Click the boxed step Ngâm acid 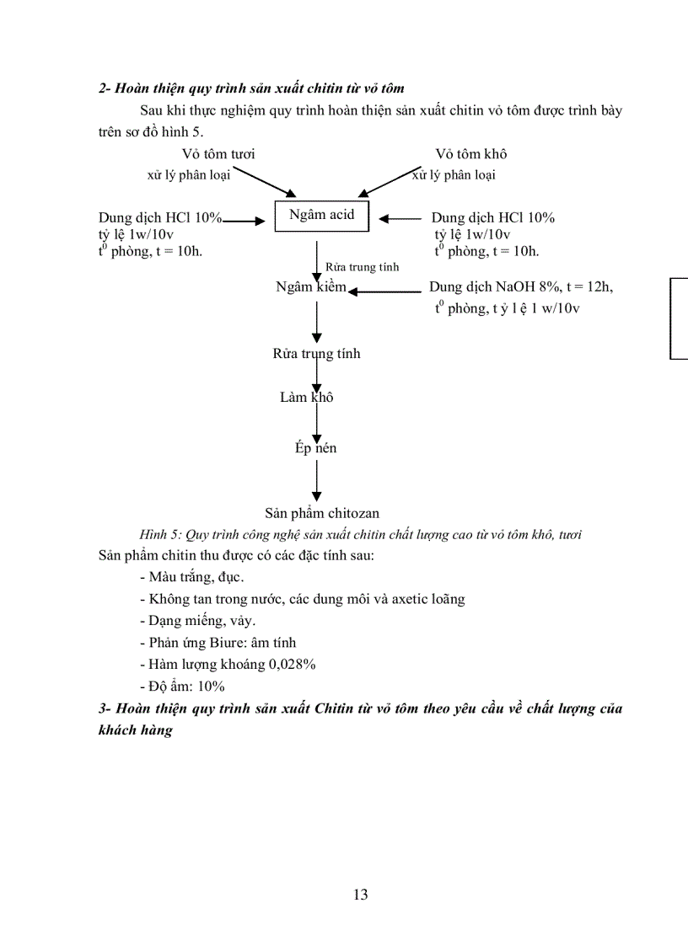tap(321, 215)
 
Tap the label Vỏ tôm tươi tap(218, 154)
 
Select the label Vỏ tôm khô tap(470, 154)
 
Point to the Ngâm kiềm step tap(310, 287)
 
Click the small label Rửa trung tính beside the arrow tap(362, 267)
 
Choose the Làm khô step tap(306, 397)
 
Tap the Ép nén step tap(315, 448)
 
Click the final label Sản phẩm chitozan tap(321, 513)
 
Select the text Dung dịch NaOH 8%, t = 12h tap(521, 287)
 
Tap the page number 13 tap(360, 895)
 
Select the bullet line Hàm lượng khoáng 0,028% tap(228, 665)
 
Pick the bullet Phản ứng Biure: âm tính tap(218, 643)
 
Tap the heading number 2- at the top tap(105, 88)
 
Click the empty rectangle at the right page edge tap(680, 318)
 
